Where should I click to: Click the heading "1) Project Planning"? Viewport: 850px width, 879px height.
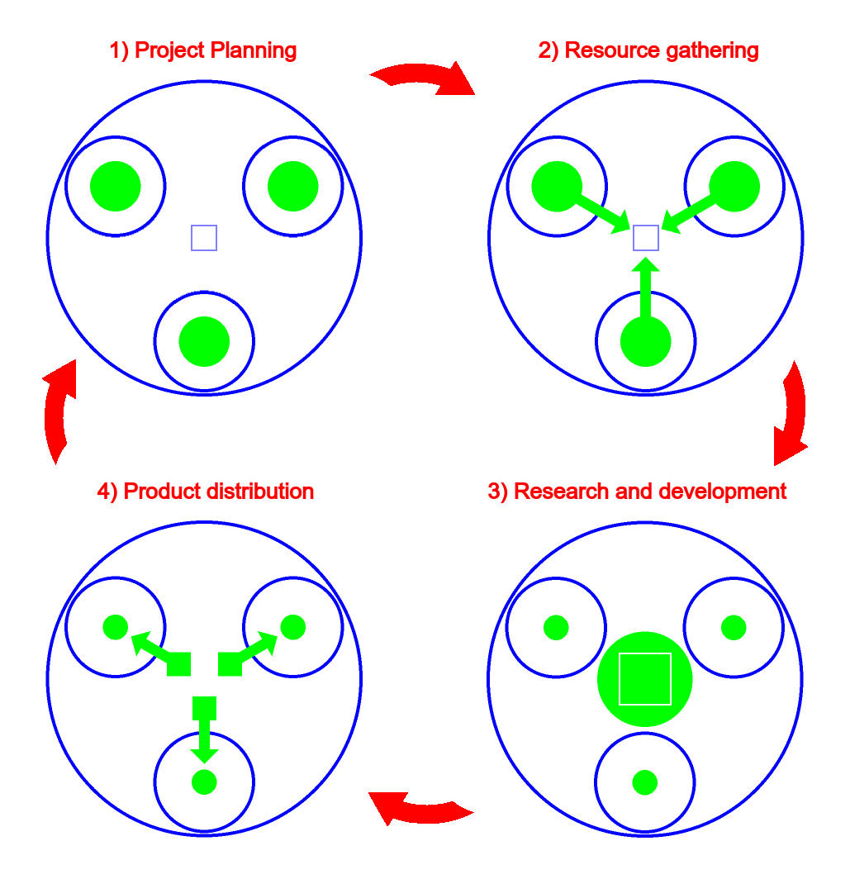coord(203,50)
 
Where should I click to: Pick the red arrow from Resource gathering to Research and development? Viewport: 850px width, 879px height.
coord(791,413)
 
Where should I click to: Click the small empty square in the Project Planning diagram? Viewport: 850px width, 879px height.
coord(204,238)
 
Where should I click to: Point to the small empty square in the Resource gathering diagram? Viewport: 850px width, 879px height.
coord(645,238)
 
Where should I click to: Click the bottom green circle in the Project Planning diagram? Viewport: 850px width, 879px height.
coord(204,340)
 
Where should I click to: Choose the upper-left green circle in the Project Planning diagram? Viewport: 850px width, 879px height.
coord(116,186)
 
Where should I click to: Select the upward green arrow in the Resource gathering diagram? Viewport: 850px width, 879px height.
coord(645,289)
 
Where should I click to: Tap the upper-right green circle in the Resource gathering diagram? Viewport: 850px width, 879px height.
coord(734,186)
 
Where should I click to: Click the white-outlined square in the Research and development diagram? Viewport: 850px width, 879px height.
coord(645,679)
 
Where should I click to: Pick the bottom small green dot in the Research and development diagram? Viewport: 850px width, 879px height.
coord(644,782)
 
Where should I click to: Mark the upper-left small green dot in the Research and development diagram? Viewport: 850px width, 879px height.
coord(556,628)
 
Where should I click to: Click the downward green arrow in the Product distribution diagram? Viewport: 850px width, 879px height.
coord(204,731)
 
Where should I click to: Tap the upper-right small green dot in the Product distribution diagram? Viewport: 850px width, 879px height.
coord(293,627)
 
